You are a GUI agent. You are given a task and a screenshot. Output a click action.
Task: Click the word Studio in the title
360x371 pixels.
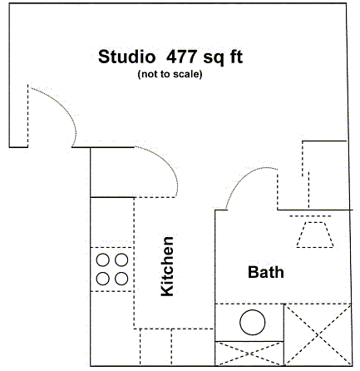126,57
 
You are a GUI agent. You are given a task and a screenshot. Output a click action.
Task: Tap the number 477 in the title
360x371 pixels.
181,57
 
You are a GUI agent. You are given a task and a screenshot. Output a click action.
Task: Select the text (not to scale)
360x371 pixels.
170,74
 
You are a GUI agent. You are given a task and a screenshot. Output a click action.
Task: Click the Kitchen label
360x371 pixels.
167,266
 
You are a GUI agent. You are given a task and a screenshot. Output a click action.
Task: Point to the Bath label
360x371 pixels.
266,272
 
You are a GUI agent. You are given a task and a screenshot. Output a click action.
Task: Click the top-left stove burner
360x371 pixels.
103,260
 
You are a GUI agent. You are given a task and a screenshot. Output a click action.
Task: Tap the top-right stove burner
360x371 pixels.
121,260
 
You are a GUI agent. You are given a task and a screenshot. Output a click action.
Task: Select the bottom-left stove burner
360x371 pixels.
103,279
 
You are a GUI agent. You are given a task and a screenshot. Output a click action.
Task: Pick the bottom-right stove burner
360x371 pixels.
121,279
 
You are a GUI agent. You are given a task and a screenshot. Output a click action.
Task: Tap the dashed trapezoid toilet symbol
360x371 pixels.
315,235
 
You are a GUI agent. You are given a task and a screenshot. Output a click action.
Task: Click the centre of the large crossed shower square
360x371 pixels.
318,334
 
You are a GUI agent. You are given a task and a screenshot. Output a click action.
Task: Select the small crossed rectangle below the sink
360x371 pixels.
249,354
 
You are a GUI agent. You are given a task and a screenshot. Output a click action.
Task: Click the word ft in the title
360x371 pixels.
235,57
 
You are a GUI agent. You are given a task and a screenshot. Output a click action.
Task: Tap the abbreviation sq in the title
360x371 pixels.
214,58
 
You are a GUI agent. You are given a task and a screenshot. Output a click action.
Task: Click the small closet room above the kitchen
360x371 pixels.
112,172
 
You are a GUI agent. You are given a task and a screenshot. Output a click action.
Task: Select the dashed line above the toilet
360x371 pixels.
310,216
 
